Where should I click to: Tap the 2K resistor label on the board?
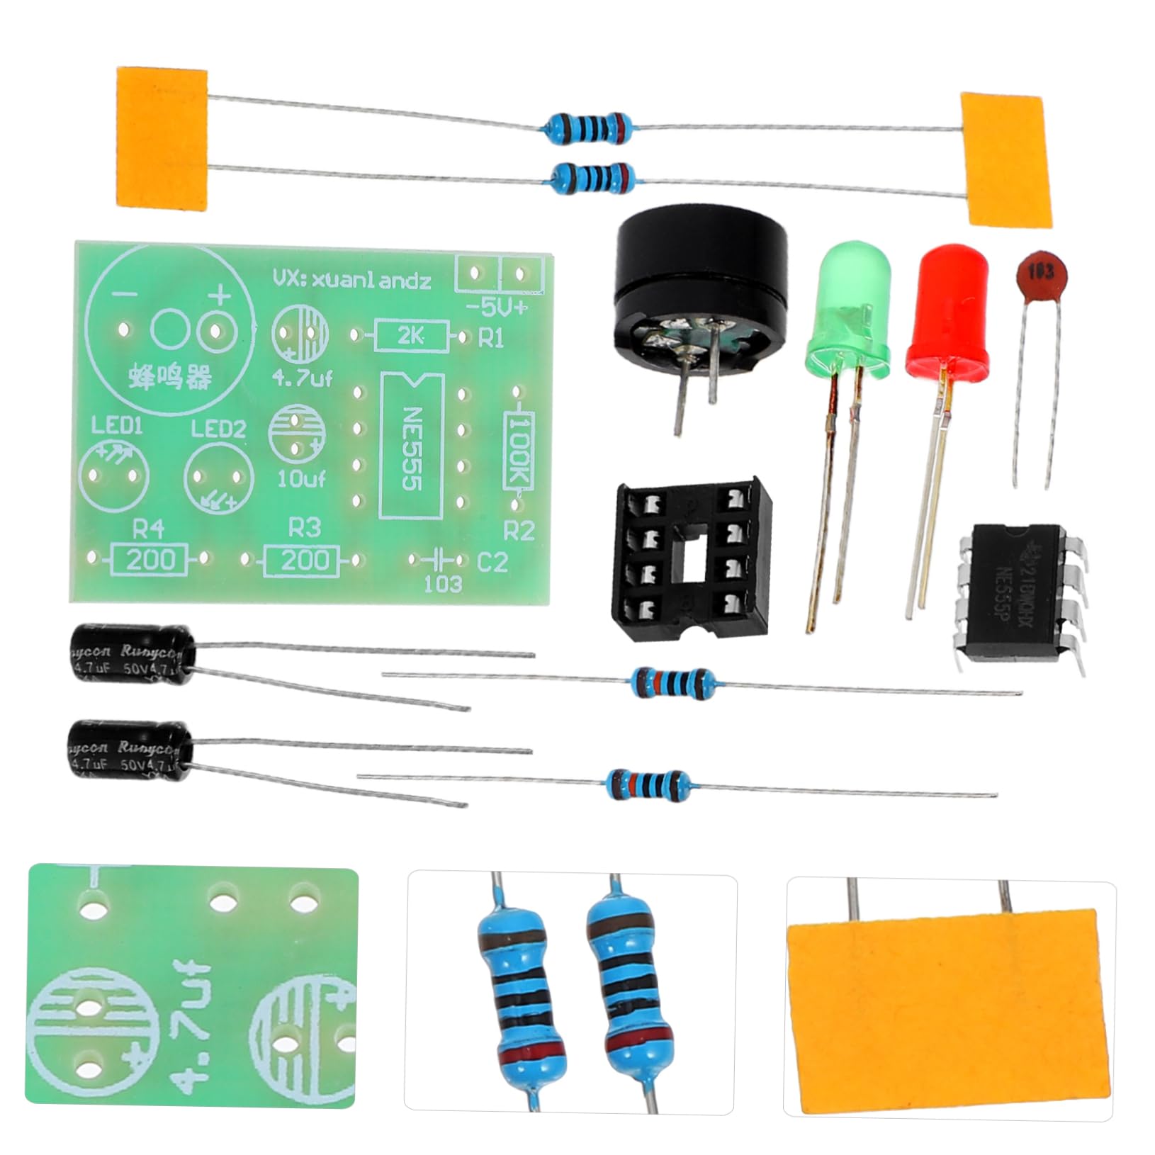tap(411, 337)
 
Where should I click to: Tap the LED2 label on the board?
tap(218, 429)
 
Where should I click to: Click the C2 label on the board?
tap(492, 563)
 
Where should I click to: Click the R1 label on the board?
tap(491, 339)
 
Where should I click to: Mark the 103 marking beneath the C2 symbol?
tap(443, 584)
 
